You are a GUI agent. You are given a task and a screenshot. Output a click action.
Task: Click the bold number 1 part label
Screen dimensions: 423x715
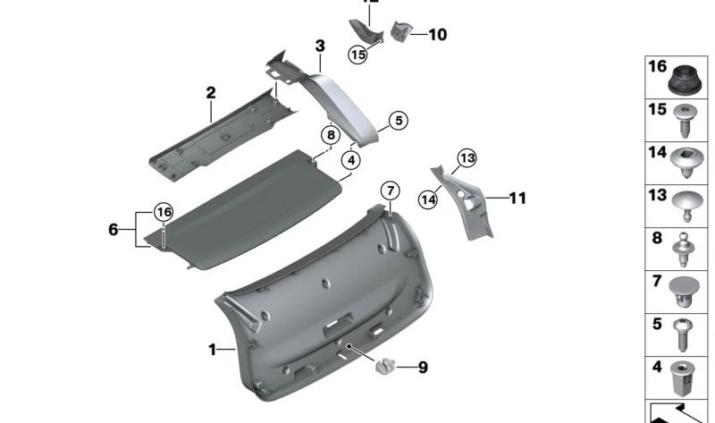click(213, 350)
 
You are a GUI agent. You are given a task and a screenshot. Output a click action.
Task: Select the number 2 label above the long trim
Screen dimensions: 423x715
click(211, 93)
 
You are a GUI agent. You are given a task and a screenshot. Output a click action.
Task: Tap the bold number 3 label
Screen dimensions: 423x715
click(319, 46)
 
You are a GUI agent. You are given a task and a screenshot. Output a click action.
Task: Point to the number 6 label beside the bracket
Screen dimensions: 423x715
click(113, 230)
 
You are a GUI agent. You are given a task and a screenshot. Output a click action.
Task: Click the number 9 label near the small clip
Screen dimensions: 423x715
click(423, 368)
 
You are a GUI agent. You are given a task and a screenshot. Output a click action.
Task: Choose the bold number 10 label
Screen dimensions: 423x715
click(437, 36)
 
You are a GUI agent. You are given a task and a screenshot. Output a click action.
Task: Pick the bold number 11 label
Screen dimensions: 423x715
click(518, 198)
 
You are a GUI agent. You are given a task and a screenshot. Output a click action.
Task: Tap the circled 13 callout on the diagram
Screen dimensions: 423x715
click(466, 159)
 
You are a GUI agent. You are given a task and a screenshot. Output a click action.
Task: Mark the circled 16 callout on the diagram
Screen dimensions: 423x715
click(162, 212)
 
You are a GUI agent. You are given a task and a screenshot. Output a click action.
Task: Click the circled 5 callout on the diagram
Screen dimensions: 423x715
click(397, 120)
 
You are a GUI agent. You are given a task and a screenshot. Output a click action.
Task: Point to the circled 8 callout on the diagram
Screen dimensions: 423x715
click(330, 135)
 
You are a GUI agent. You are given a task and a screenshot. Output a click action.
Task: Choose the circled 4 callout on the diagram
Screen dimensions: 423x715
click(351, 161)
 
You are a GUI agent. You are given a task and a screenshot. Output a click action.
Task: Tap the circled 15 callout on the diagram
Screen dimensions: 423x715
click(357, 55)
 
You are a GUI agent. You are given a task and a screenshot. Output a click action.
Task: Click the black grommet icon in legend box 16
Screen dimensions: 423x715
click(684, 81)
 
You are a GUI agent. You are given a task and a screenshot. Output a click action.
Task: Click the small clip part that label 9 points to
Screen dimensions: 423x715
click(386, 365)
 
